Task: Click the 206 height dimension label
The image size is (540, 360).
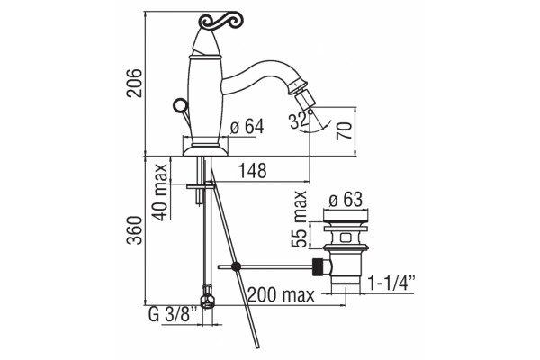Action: point(134,83)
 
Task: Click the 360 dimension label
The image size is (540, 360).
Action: point(134,230)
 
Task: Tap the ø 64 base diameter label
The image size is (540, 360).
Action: point(247,126)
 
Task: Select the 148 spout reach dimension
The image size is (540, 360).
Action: point(253,170)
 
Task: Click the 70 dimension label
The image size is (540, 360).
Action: point(345,130)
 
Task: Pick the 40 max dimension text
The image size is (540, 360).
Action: point(161,193)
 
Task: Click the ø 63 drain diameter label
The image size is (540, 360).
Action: point(346,200)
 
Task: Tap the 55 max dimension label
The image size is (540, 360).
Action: point(299,219)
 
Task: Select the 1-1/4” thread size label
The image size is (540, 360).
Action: point(391,283)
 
